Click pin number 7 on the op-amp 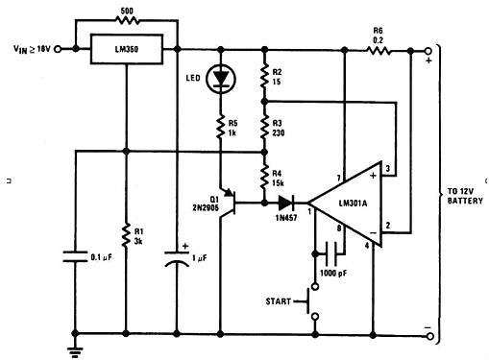[339, 178]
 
